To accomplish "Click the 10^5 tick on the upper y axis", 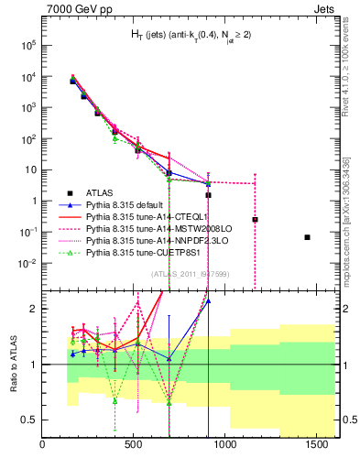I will [28, 44].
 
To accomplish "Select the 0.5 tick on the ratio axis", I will [30, 419].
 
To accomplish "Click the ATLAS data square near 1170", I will [255, 220].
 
